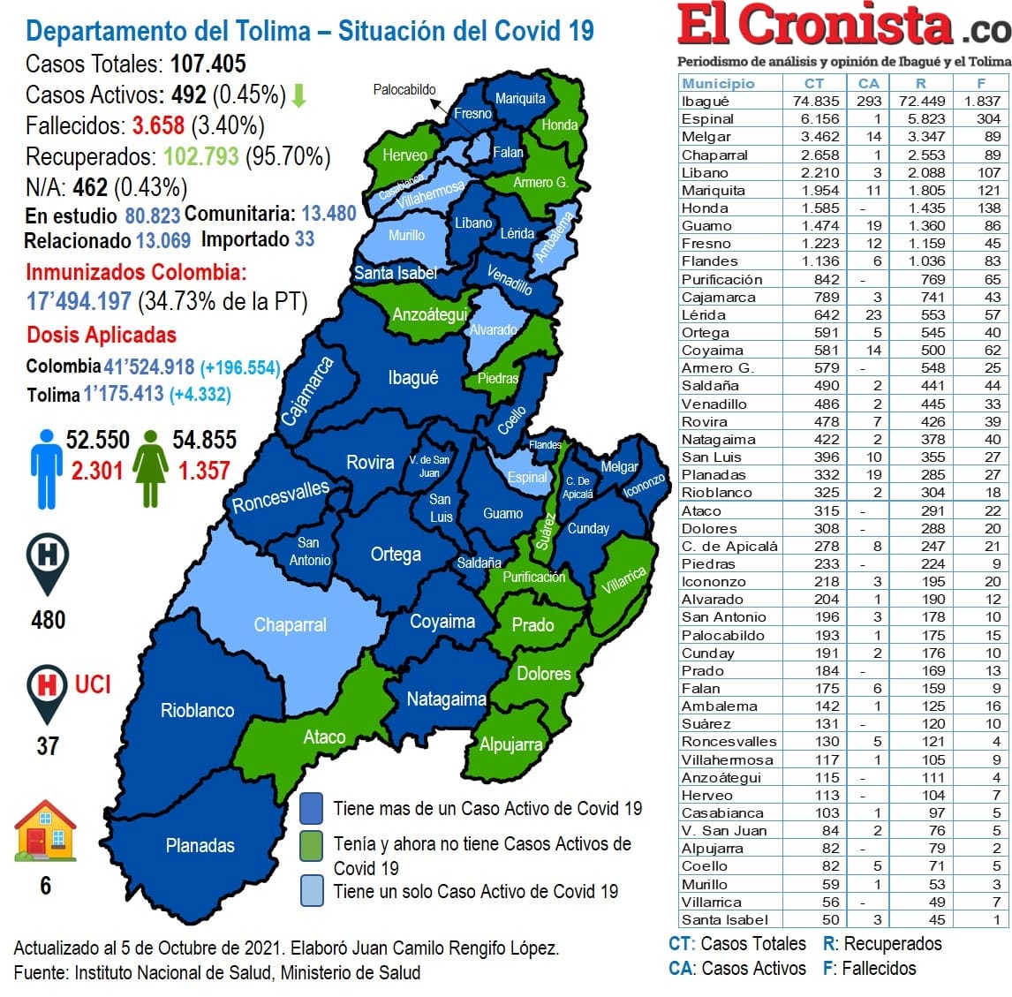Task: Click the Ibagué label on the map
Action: [412, 378]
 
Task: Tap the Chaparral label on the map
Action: [290, 625]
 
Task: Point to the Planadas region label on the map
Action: [200, 846]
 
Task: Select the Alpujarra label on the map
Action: [510, 744]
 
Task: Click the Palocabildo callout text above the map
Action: [404, 89]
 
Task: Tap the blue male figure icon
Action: [46, 469]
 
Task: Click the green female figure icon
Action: [150, 469]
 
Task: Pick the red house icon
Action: [45, 831]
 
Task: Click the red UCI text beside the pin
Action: [93, 684]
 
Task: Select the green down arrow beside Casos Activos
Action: [298, 95]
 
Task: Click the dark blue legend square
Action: [311, 808]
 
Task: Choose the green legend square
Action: [311, 845]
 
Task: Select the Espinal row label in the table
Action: [707, 118]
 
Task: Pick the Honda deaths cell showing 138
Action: [989, 208]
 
